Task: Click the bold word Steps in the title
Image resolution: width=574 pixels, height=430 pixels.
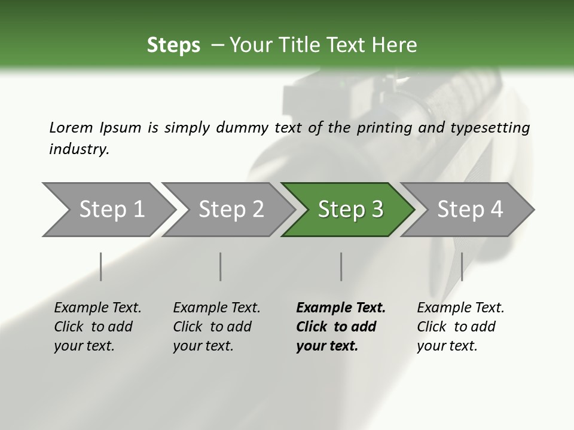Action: point(173,45)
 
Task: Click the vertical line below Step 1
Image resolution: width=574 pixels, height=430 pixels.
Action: point(101,266)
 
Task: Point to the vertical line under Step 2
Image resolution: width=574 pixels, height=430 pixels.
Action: point(221,266)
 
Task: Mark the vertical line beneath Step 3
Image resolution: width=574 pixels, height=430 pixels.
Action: point(341,266)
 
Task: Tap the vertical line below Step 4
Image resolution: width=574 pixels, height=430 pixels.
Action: point(462,266)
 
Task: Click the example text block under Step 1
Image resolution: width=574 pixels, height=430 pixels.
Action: point(97,327)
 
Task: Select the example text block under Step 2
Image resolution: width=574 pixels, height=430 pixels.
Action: point(216,327)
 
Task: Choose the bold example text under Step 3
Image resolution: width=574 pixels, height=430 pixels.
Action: point(341,327)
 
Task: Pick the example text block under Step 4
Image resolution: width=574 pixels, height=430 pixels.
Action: point(460,327)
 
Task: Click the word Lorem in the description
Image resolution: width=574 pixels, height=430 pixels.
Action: point(71,127)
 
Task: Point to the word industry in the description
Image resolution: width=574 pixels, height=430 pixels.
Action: point(79,149)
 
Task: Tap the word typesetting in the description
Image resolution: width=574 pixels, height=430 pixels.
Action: point(493,127)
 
